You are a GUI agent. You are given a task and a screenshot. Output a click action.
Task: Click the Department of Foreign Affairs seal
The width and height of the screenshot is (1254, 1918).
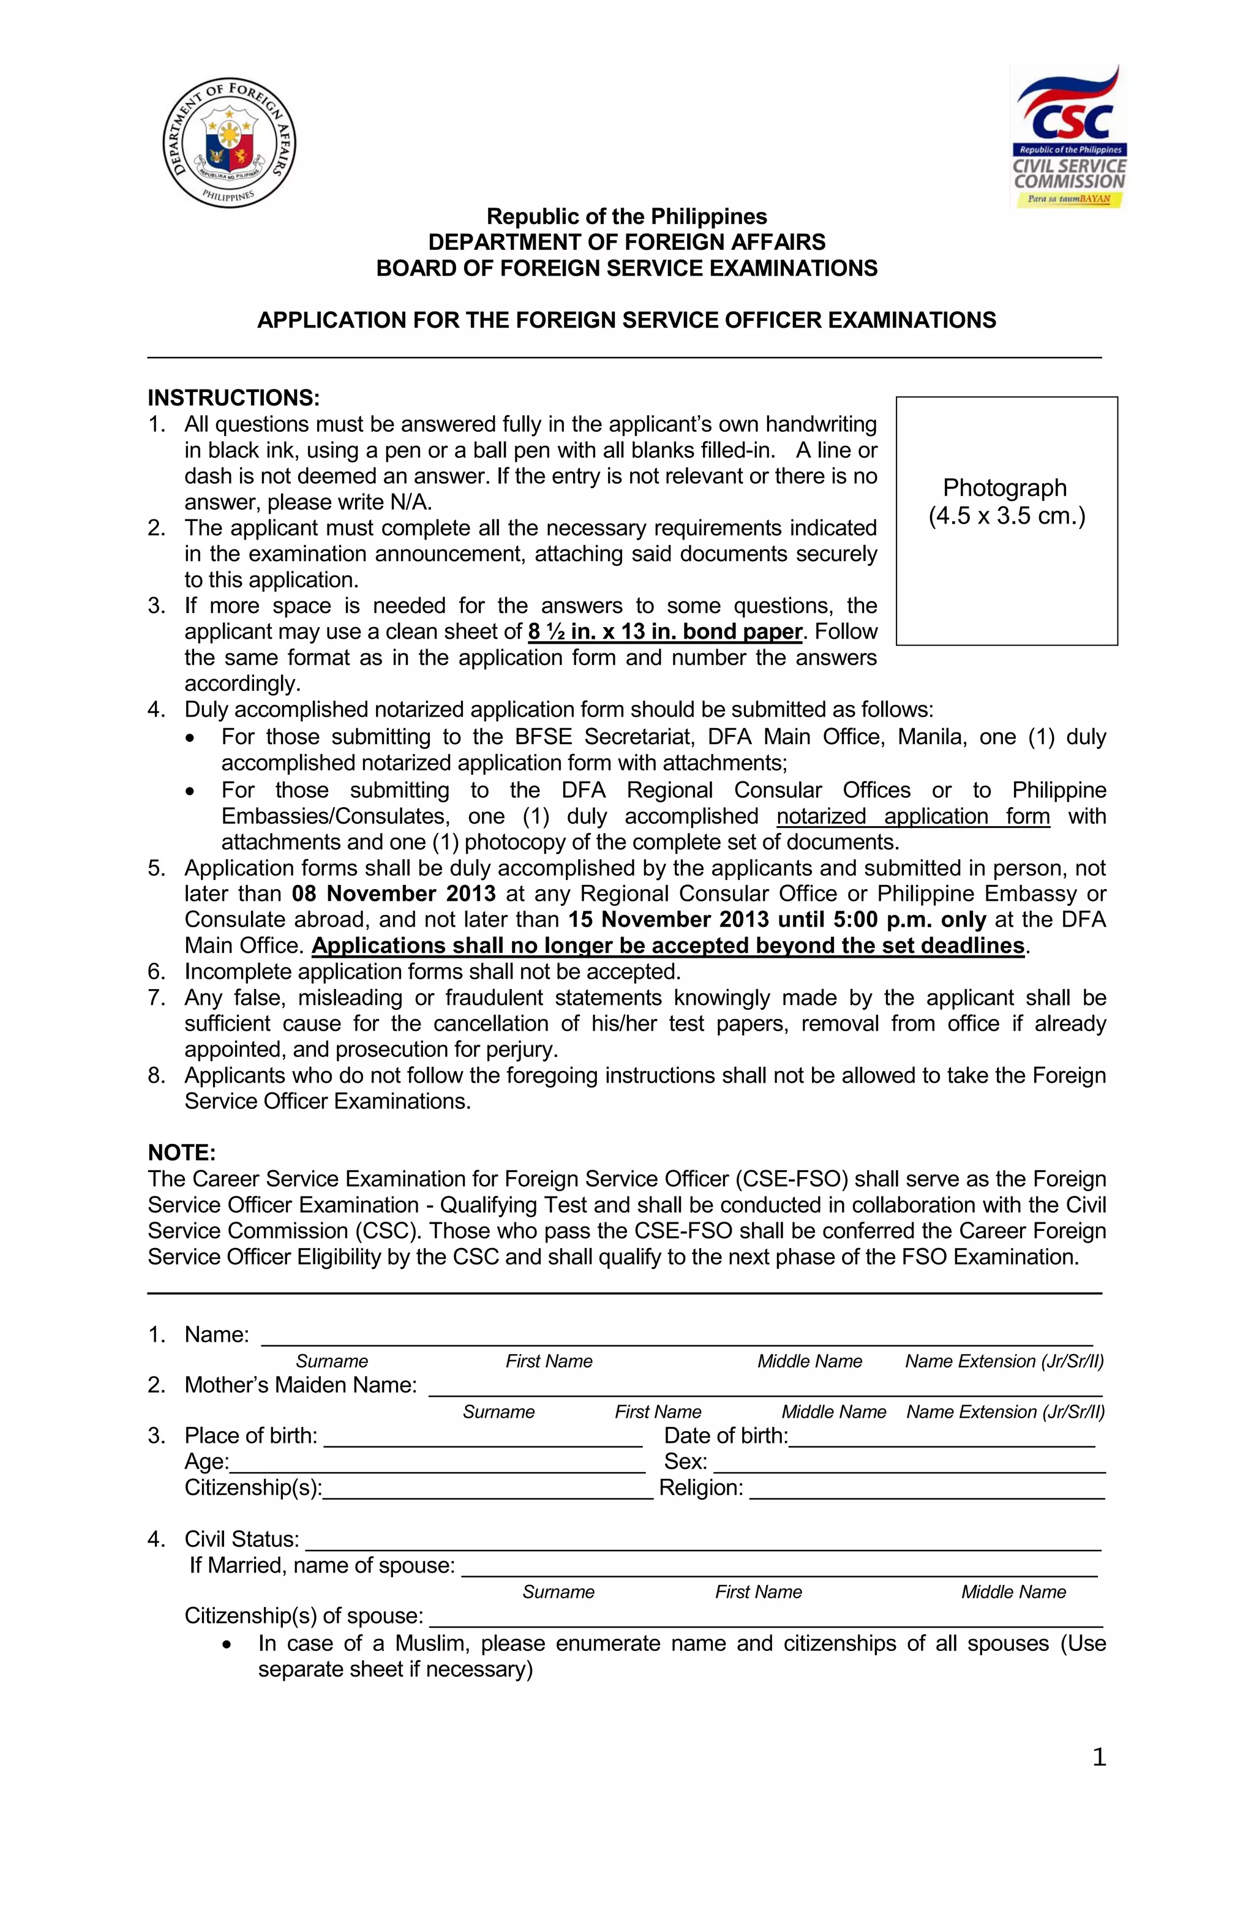230,143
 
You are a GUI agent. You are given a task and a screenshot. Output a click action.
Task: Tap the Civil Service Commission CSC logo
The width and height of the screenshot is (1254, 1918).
1068,137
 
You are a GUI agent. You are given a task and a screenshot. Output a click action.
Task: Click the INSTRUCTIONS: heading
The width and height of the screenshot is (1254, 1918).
234,398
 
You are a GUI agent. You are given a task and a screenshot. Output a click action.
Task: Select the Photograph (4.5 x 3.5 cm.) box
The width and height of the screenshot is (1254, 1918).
1006,521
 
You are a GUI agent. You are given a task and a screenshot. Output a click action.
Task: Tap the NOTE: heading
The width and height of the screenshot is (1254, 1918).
181,1153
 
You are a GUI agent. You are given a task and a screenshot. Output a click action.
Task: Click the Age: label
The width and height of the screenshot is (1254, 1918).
206,1462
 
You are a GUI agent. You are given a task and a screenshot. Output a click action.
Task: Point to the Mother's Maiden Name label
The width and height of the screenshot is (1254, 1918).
300,1385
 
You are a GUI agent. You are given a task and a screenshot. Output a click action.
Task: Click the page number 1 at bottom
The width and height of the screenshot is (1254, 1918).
1098,1758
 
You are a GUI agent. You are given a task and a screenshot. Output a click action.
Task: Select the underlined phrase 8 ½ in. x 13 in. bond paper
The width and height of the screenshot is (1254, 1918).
665,632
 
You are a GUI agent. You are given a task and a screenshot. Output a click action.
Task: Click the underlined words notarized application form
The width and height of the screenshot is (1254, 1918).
912,816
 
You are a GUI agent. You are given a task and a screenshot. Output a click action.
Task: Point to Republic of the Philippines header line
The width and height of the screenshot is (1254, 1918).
626,217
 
